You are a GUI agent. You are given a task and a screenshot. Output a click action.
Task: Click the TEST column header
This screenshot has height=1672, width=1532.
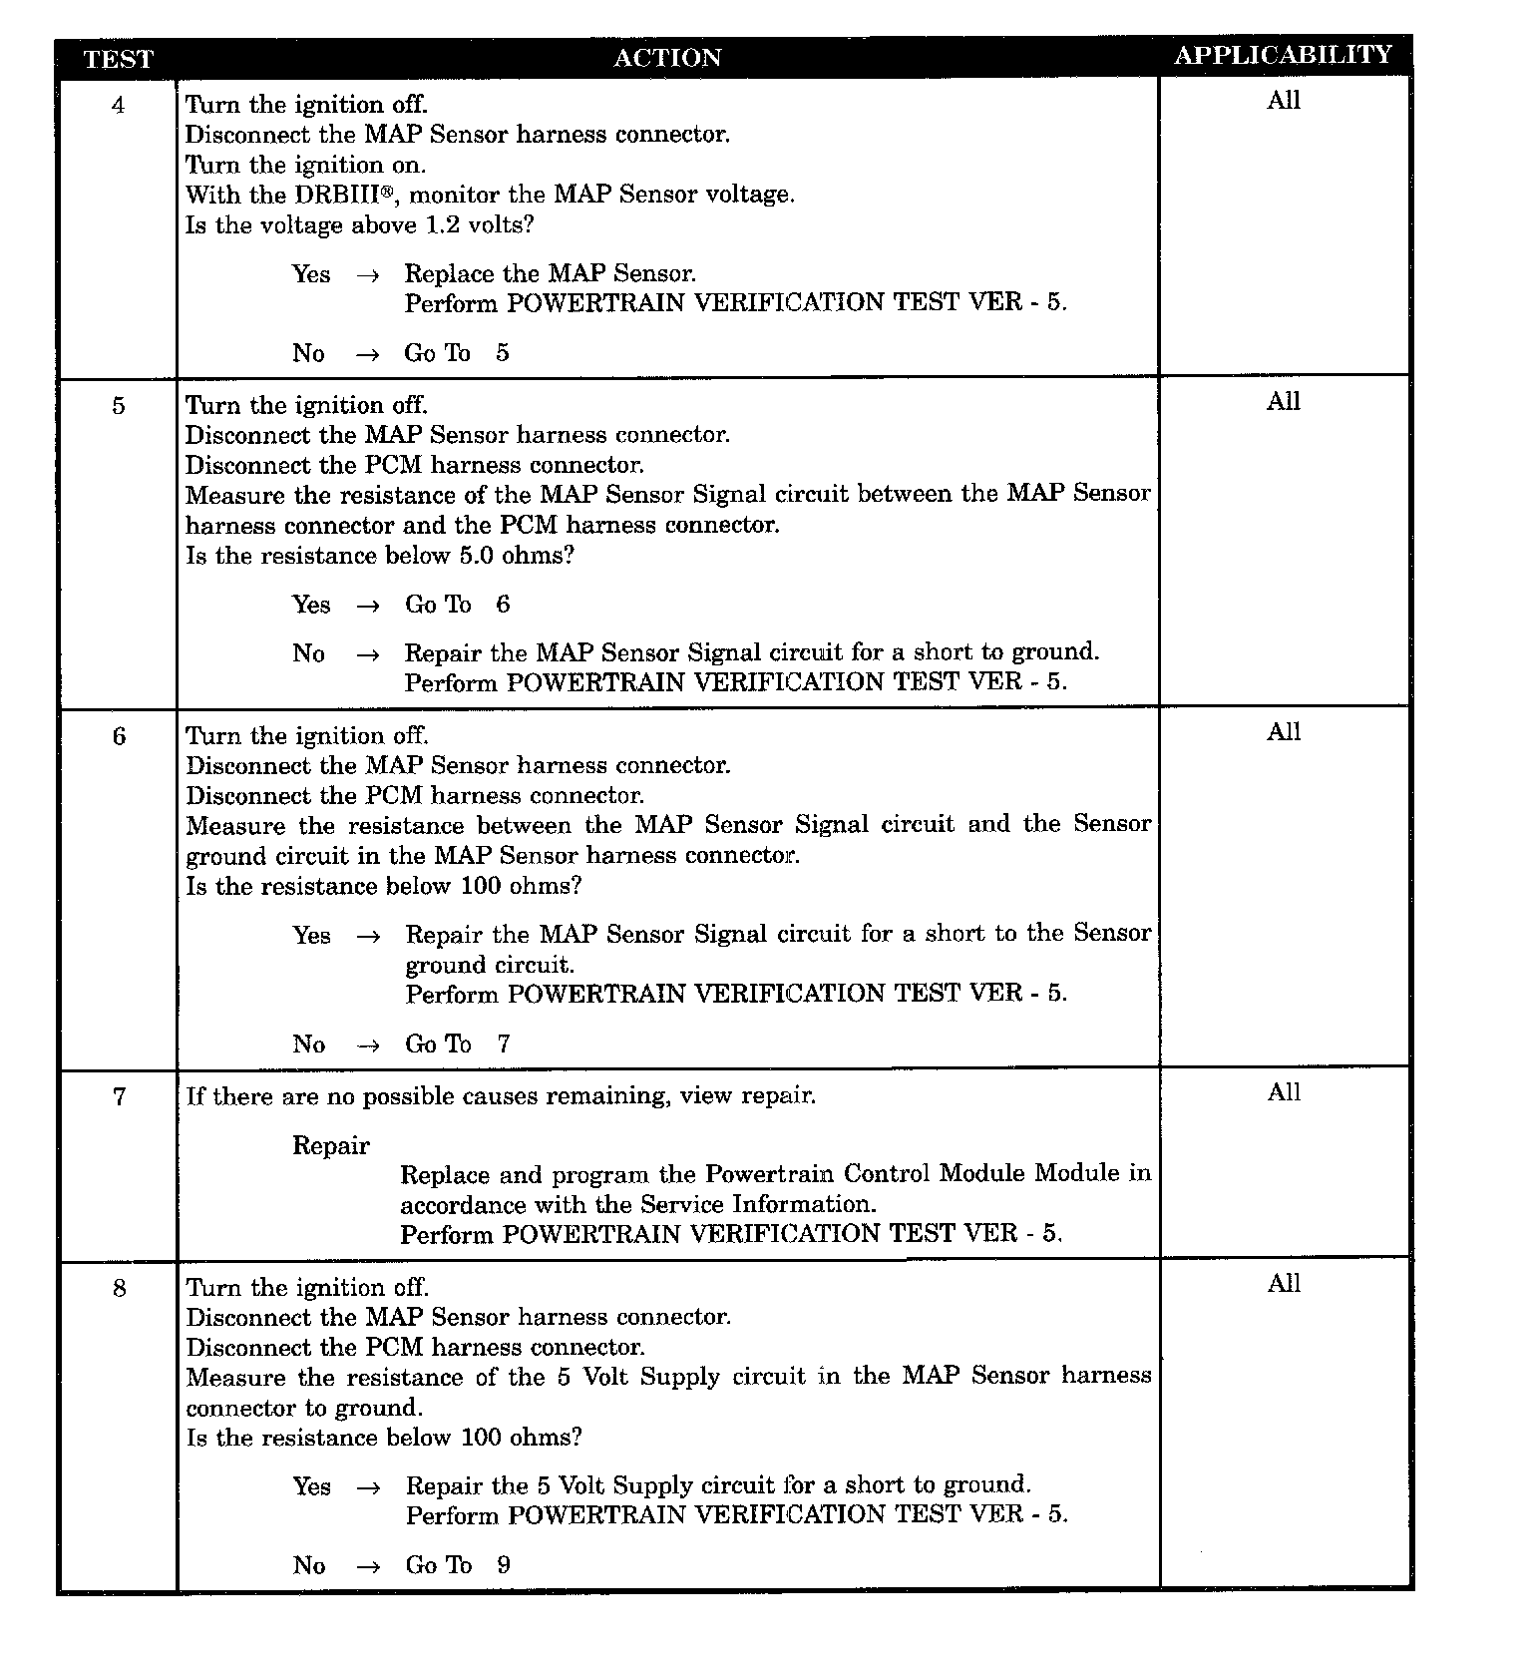(118, 59)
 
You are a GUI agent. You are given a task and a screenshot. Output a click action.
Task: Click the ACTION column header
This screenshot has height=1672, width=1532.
(667, 58)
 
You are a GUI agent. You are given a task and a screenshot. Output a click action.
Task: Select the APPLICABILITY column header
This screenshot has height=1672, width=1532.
(1283, 55)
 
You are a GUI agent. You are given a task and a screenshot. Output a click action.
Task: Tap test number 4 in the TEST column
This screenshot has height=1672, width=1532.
(119, 105)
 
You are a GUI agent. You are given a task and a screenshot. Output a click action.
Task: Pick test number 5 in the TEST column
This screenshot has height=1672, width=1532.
(119, 406)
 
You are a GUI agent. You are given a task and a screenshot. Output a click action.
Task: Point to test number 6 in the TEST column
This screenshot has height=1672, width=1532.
(119, 737)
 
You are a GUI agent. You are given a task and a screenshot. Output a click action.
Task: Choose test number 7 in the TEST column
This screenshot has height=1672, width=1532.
(119, 1097)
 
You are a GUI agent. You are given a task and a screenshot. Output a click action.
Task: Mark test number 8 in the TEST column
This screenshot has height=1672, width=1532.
(119, 1289)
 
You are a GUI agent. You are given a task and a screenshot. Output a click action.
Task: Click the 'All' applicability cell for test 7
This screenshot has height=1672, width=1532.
(1284, 1093)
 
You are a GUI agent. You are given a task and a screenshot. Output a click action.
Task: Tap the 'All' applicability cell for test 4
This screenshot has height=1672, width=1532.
(1284, 100)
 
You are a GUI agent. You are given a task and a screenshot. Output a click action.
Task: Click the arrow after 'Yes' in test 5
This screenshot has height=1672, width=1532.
(368, 606)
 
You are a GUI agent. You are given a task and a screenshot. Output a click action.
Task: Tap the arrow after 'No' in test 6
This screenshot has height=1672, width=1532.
(368, 1045)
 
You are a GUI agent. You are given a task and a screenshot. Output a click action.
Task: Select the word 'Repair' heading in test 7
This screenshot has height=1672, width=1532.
(331, 1146)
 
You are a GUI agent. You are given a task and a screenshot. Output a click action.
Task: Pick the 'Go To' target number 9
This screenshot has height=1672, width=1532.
(504, 1565)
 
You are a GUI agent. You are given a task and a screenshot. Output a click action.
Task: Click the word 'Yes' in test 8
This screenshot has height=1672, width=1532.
(311, 1486)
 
